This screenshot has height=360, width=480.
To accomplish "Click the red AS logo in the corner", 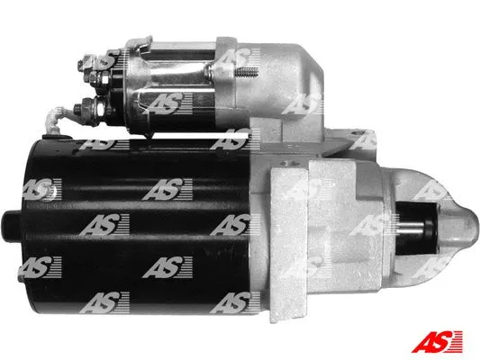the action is (x=437, y=341).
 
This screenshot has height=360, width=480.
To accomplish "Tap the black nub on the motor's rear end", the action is (x=13, y=226).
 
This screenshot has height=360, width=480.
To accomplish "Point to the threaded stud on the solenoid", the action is (x=247, y=73).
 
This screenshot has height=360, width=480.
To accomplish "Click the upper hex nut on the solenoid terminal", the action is (x=97, y=78).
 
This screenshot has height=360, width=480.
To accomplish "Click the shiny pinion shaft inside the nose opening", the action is (x=411, y=227).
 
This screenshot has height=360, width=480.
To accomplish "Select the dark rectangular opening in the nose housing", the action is (x=417, y=229).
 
